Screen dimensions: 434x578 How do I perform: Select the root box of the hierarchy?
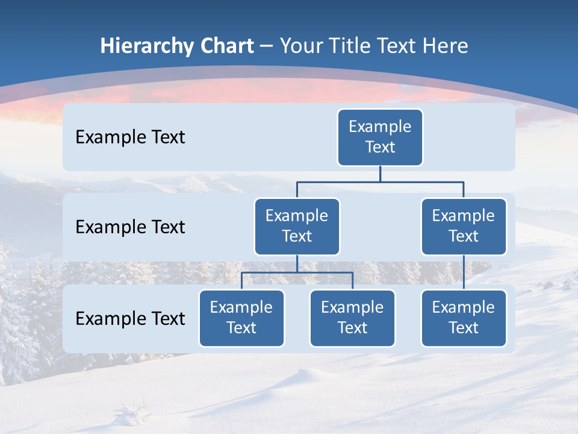pyautogui.click(x=380, y=137)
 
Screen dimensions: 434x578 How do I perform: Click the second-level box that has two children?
pyautogui.click(x=297, y=226)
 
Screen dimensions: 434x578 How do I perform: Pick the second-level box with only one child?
pyautogui.click(x=464, y=226)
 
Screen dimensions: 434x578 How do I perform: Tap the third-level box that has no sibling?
pyautogui.click(x=464, y=318)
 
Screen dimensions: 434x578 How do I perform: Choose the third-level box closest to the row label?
pyautogui.click(x=241, y=318)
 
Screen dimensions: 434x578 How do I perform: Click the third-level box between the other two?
pyautogui.click(x=352, y=318)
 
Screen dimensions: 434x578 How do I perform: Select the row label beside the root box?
pyautogui.click(x=130, y=137)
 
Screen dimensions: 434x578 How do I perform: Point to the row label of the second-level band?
pyautogui.click(x=130, y=227)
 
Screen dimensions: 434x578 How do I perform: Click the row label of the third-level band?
pyautogui.click(x=130, y=318)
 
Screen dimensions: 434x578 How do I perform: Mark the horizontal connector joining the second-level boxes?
pyautogui.click(x=380, y=181)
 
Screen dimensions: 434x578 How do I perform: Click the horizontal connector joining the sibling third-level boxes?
pyautogui.click(x=297, y=272)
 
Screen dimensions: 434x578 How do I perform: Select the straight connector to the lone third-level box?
pyautogui.click(x=464, y=272)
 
